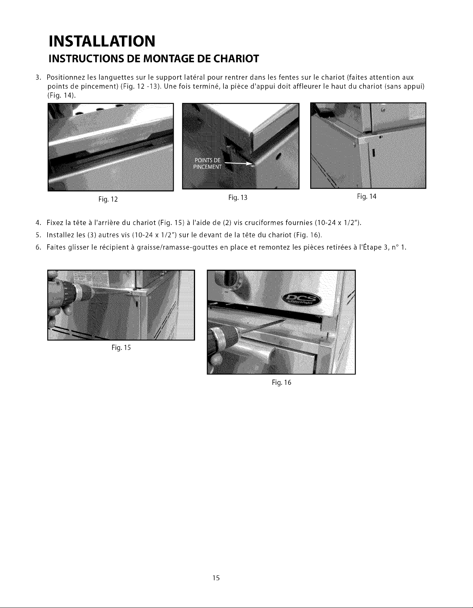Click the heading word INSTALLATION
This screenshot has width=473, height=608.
coord(102,41)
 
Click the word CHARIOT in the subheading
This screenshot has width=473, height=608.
coord(236,59)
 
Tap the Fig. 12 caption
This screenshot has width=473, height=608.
coord(108,200)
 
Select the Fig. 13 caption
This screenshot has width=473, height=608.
coord(238,198)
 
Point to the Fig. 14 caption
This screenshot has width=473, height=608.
coord(367,197)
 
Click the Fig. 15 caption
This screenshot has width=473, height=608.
coord(121,348)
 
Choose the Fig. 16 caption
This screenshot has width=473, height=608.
coord(281,383)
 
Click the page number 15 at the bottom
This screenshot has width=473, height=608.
coord(216,578)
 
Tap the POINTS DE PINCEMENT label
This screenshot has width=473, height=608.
coord(207,164)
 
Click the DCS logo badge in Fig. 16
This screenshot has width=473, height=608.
coord(300,301)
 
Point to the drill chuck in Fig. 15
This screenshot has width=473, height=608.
coord(80,293)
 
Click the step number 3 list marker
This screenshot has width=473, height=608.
coord(38,78)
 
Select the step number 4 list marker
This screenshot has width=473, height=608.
coord(38,223)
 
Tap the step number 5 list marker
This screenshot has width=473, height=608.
coord(38,235)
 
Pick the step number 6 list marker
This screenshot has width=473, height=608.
coord(38,247)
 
